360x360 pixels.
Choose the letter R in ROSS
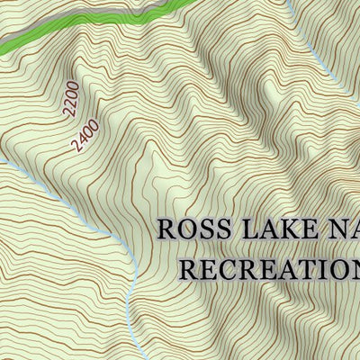click(167, 229)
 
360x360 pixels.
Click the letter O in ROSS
click(186, 229)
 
